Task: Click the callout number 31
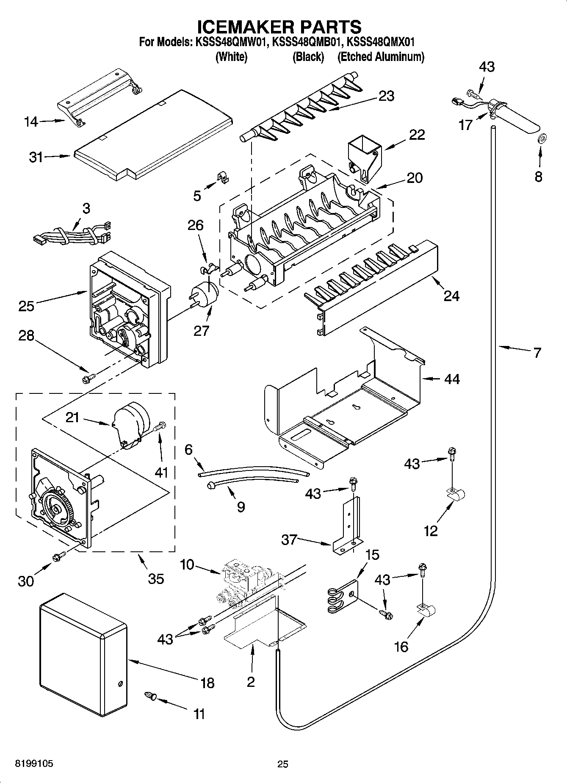point(36,157)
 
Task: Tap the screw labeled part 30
point(58,557)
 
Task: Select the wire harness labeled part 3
point(72,237)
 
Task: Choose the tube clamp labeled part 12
point(456,494)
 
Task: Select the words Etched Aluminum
point(380,57)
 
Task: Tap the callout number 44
point(452,379)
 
